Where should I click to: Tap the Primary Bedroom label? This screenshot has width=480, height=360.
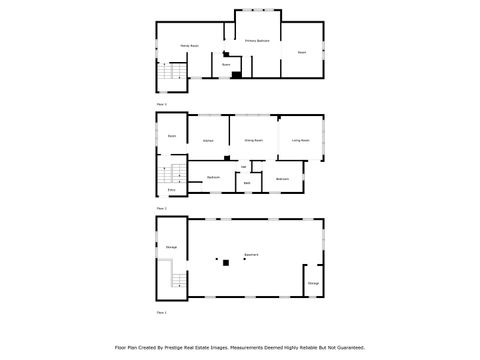257,41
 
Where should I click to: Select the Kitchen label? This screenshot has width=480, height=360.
208,141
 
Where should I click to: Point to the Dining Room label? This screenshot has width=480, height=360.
254,141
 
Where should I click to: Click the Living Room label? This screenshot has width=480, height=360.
301,141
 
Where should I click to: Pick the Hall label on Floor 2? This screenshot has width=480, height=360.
244,165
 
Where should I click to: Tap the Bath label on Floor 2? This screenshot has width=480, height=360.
246,183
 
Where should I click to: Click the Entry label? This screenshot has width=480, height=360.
171,190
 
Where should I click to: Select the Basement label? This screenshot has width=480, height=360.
252,255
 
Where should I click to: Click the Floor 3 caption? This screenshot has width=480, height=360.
161,104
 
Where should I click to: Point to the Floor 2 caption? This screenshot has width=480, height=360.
161,208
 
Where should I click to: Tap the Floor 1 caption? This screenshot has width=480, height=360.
161,313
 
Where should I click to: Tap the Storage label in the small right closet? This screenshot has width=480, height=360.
314,284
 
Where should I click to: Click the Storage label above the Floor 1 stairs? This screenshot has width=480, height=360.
171,246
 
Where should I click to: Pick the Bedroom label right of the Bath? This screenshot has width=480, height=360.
283,178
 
